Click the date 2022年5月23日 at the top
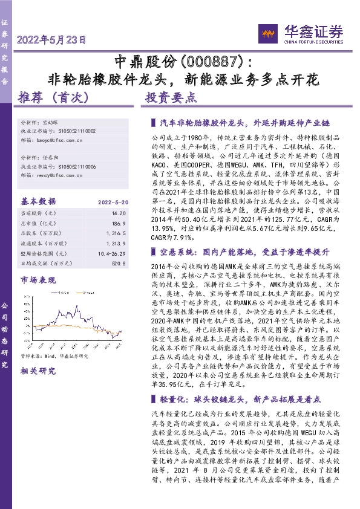pyautogui.click(x=52, y=41)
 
